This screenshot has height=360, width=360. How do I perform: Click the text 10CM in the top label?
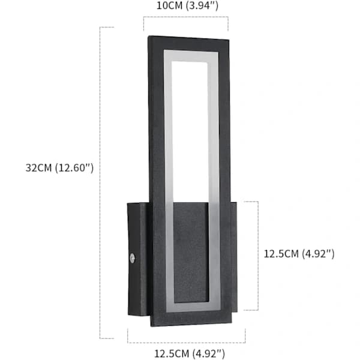tap(169, 5)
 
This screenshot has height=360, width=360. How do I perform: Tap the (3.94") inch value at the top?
tap(202, 5)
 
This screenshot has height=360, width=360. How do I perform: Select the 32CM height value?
tap(38, 168)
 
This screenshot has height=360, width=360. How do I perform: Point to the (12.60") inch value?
tap(74, 168)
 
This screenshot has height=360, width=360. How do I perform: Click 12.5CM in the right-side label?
tap(281, 254)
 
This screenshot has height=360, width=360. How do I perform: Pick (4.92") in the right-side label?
tap(318, 254)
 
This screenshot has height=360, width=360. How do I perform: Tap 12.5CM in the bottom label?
tap(172, 353)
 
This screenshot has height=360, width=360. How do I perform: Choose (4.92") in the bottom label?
tap(208, 353)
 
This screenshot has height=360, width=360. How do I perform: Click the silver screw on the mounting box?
tap(132, 258)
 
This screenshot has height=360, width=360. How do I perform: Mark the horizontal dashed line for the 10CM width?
tap(186, 17)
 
